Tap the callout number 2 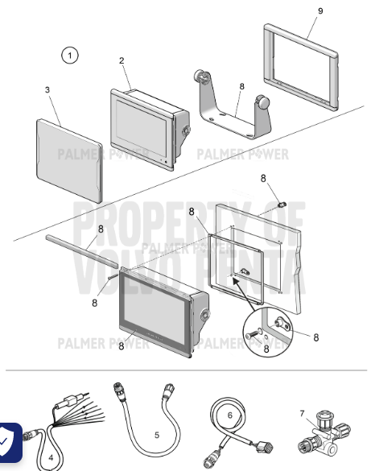[x=122, y=60]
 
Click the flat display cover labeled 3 [x=70, y=159]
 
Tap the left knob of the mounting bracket [x=197, y=79]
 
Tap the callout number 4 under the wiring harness [x=51, y=457]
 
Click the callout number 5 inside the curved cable [x=157, y=434]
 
